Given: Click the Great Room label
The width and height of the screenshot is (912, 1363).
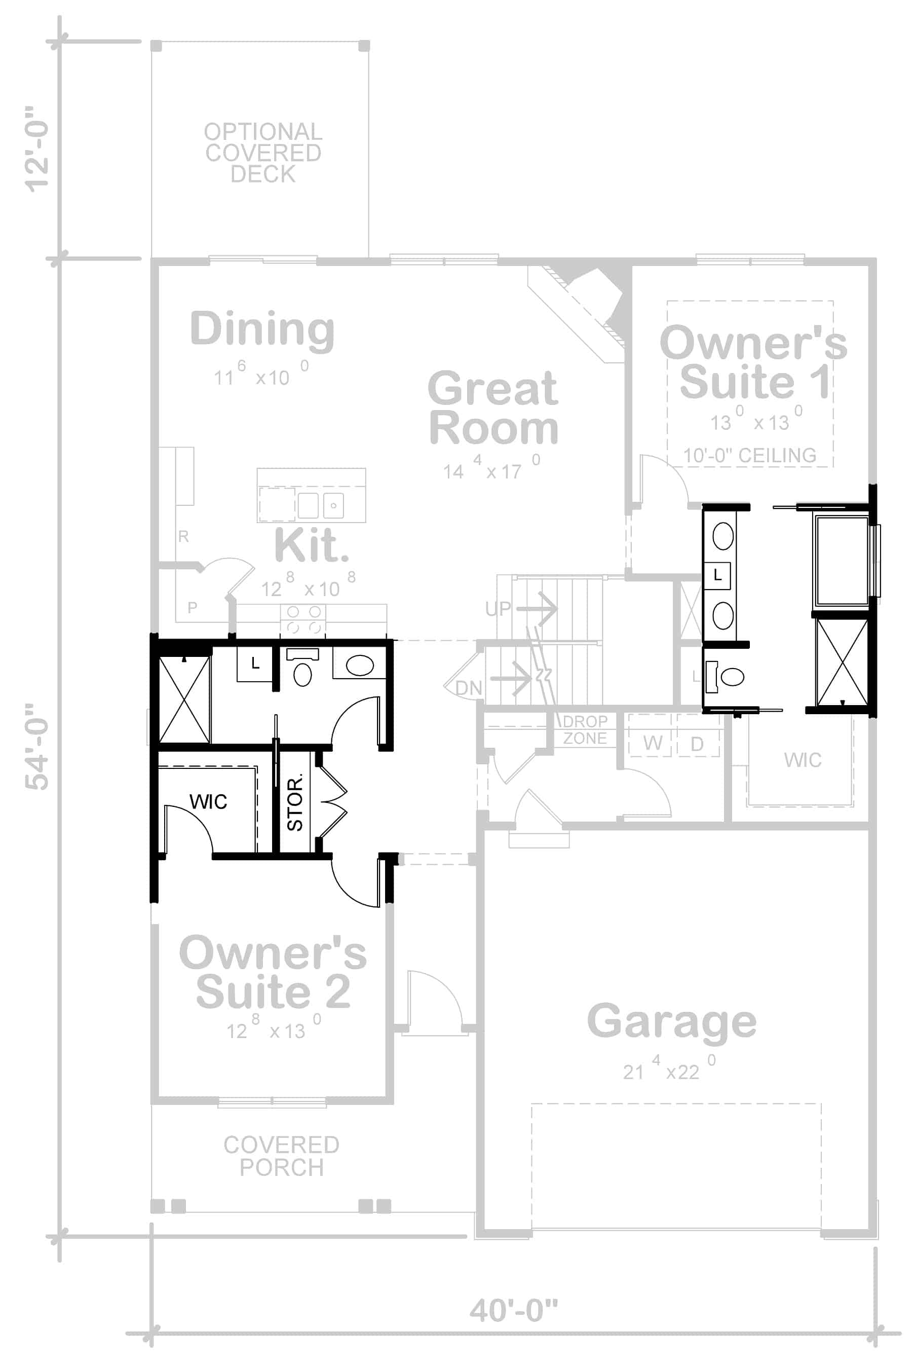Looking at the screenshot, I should (493, 409).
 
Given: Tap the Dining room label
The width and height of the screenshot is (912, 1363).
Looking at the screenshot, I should (262, 330).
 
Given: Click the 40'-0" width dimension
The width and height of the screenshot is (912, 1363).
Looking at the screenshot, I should (513, 1310).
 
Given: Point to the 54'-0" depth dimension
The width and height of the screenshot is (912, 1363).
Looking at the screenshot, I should (37, 746).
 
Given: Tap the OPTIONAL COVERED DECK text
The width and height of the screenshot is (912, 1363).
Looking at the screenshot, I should (263, 153).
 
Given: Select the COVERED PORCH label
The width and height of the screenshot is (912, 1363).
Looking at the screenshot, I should (282, 1156).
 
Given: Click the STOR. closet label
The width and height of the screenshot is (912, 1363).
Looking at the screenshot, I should (295, 801).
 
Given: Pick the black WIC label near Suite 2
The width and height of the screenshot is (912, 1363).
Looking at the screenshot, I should (208, 801).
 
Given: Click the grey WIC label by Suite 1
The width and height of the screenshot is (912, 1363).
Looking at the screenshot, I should (803, 760).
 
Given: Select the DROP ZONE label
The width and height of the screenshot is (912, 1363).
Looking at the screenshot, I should (585, 729).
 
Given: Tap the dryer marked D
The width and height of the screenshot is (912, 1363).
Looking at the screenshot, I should (697, 744).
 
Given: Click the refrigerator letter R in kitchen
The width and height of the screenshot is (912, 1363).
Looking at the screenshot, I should (183, 536).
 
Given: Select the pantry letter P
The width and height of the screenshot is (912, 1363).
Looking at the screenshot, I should (193, 607).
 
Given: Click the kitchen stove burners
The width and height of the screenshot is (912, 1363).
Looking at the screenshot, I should (303, 619).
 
